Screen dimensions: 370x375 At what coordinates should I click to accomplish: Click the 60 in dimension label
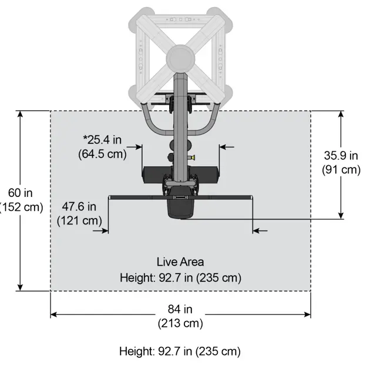(x=20, y=193)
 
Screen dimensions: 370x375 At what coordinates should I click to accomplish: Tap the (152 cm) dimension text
(x=21, y=207)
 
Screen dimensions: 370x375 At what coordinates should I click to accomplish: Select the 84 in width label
(x=180, y=309)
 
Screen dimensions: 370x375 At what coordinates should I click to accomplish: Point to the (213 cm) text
(x=180, y=323)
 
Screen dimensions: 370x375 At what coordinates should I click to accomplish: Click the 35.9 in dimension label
(x=341, y=155)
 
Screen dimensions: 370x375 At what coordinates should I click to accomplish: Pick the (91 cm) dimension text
(x=341, y=170)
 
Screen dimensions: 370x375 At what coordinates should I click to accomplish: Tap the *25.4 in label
(x=102, y=139)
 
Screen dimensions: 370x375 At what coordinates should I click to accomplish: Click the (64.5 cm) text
(x=102, y=154)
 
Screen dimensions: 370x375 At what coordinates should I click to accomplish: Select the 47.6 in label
(x=79, y=206)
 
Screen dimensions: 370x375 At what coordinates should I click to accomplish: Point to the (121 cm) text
(x=79, y=220)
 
